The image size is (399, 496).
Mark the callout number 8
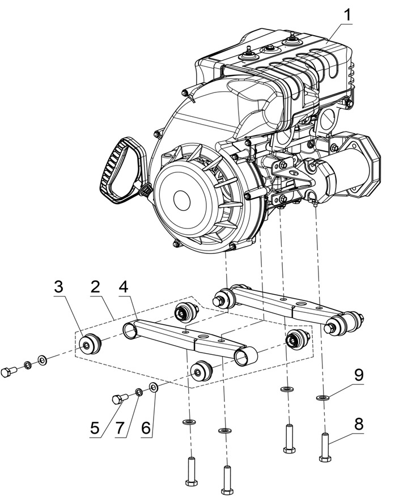pyautogui.click(x=359, y=423)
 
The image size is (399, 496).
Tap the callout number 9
pyautogui.click(x=359, y=375)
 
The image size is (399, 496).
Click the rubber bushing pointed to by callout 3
pyautogui.click(x=90, y=343)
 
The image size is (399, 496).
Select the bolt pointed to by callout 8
pyautogui.click(x=325, y=447)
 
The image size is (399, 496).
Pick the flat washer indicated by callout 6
pyautogui.click(x=153, y=387)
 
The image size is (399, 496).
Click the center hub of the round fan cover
pyautogui.click(x=182, y=199)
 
